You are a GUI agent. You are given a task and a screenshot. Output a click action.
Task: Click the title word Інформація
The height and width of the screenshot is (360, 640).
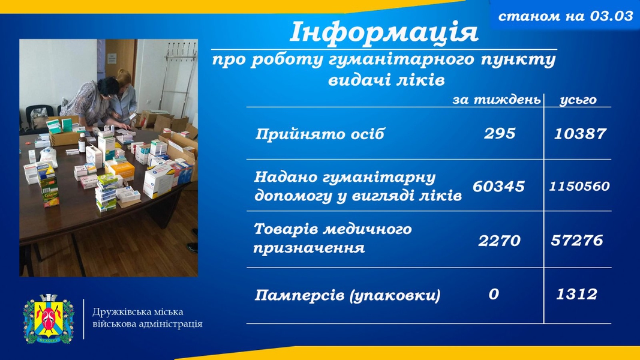pyautogui.click(x=383, y=32)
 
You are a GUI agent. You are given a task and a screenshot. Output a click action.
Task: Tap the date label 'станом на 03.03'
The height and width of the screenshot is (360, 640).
pyautogui.click(x=566, y=16)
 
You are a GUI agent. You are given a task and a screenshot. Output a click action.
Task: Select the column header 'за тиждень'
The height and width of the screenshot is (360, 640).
pyautogui.click(x=496, y=100)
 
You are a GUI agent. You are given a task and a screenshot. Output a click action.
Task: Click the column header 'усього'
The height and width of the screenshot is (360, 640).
pyautogui.click(x=578, y=100)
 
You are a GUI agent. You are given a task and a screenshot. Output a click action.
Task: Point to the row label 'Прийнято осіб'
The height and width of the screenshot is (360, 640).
pyautogui.click(x=320, y=134)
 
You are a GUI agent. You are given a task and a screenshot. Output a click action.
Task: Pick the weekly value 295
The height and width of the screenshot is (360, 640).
pyautogui.click(x=500, y=134)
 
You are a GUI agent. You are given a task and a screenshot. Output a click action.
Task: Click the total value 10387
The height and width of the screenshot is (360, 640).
pyautogui.click(x=580, y=134)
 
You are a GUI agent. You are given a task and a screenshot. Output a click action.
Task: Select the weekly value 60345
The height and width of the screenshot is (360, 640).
pyautogui.click(x=498, y=187)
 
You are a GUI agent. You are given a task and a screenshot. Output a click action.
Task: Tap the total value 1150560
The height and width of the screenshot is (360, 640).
pyautogui.click(x=579, y=187)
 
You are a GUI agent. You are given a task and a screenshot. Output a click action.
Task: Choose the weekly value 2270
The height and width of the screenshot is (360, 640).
pyautogui.click(x=499, y=241)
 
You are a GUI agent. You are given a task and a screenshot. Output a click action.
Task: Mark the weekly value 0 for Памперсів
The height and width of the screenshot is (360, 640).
pyautogui.click(x=494, y=294)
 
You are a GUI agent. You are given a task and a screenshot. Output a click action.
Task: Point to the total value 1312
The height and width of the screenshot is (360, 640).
pyautogui.click(x=577, y=294)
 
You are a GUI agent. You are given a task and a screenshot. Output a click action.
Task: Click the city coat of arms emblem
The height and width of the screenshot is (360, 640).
pyautogui.click(x=49, y=319)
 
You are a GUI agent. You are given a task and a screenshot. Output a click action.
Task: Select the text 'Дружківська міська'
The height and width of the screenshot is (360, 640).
pyautogui.click(x=138, y=312)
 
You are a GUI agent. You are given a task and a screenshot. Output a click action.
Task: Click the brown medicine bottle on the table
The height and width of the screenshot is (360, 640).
pyautogui.click(x=82, y=143)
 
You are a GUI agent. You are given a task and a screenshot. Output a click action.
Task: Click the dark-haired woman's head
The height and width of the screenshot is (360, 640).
pyautogui.click(x=108, y=86)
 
